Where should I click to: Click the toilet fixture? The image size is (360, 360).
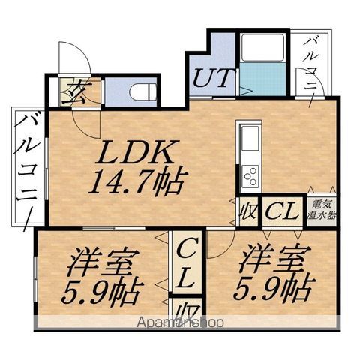tap(142, 91)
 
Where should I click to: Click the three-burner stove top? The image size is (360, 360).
tap(250, 176)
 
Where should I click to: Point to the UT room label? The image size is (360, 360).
tap(214, 78)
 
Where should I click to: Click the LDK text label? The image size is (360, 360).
tap(136, 152)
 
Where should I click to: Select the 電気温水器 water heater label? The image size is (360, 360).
tap(322, 210)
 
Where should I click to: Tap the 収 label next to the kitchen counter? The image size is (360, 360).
tap(247, 212)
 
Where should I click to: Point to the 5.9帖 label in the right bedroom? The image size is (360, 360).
tap(274, 289)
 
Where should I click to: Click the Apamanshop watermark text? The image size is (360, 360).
tap(180, 322)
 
